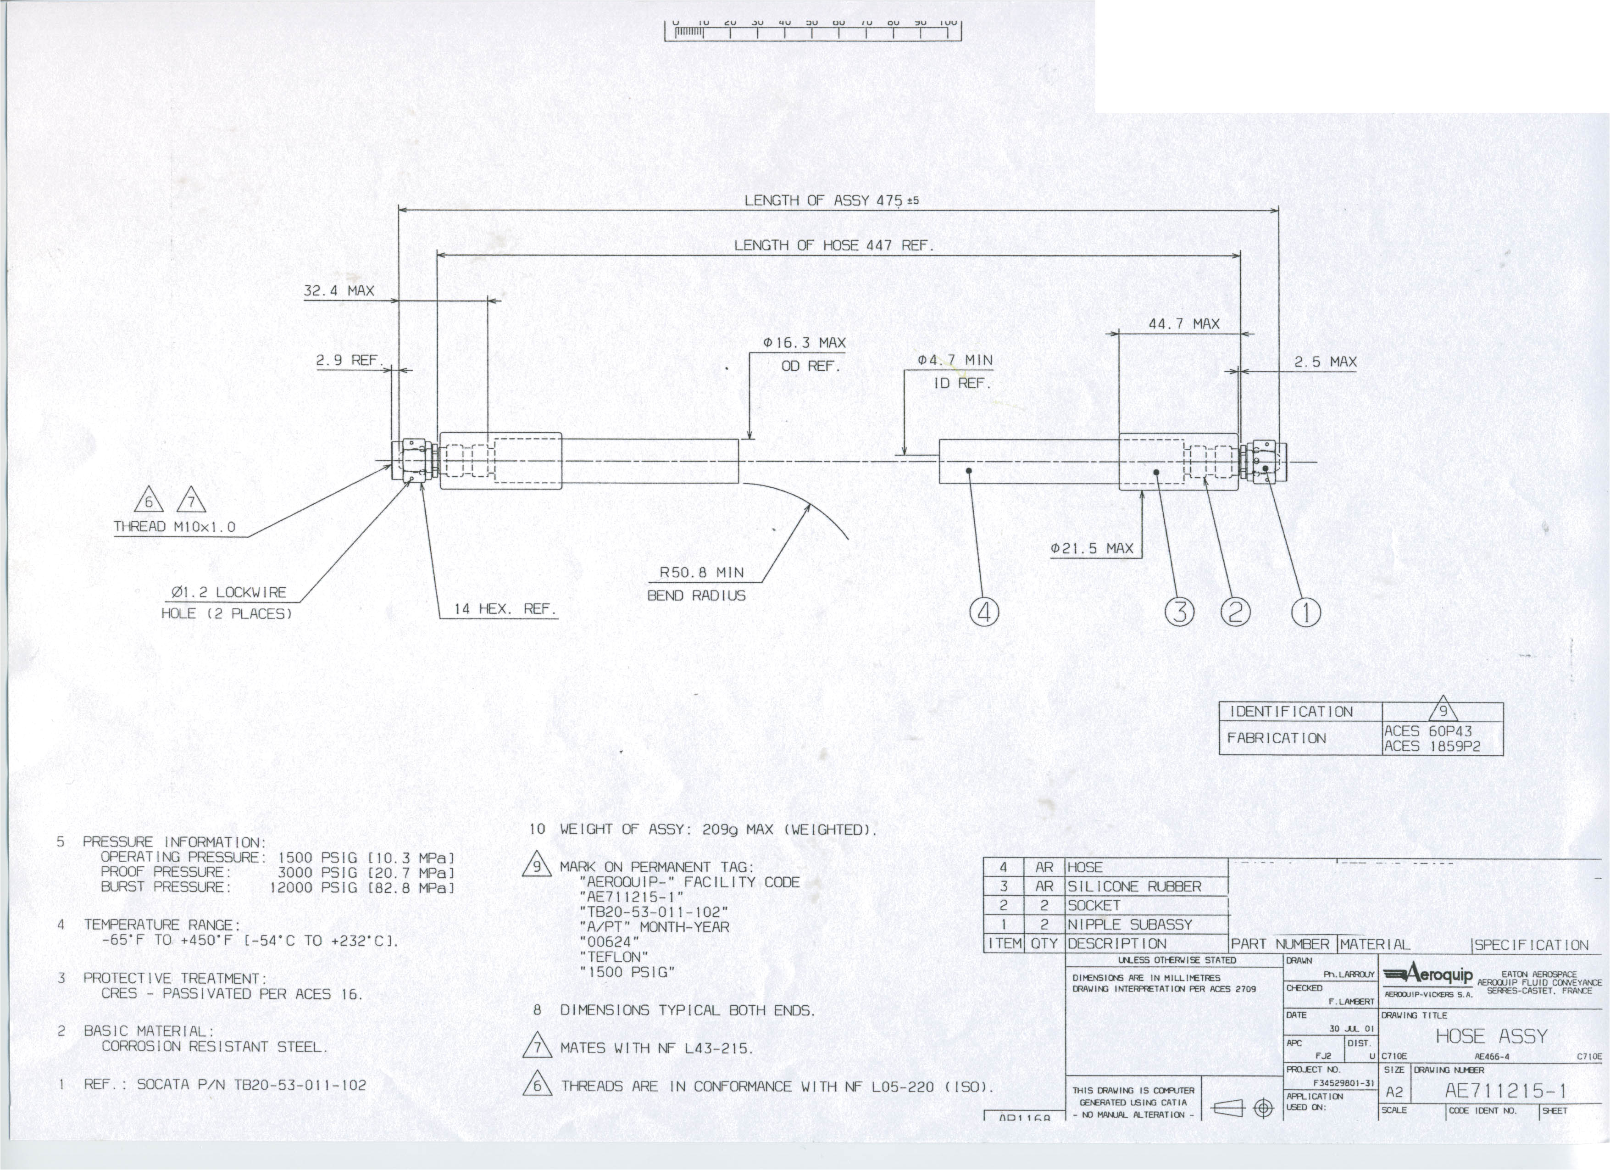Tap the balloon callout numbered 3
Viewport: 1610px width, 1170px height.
coord(1180,613)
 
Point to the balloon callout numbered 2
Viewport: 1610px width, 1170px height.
coord(1235,613)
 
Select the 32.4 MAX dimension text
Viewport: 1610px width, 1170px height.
coord(339,290)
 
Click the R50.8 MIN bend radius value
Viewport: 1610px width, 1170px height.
coord(701,572)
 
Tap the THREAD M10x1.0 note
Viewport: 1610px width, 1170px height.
coord(175,527)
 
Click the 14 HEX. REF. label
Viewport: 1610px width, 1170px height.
coord(505,609)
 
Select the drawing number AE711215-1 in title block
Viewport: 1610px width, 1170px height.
coord(1505,1091)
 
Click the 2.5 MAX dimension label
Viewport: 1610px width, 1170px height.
coord(1325,362)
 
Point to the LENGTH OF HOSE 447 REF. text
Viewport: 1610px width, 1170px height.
coord(833,245)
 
